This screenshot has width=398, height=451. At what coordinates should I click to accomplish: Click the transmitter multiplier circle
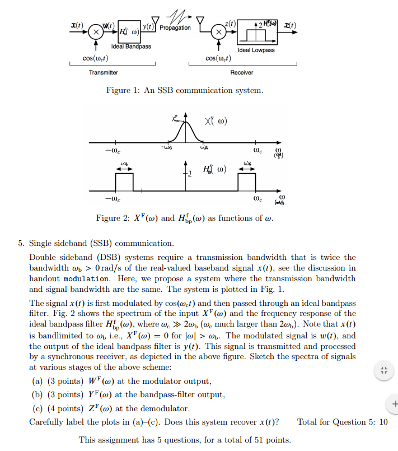(96, 32)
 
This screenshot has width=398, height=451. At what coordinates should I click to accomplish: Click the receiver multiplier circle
(220, 32)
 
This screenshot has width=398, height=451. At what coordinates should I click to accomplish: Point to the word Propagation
(175, 27)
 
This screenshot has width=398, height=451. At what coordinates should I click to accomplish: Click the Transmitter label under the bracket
(104, 72)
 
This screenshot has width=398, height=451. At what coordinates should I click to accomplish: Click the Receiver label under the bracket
(242, 72)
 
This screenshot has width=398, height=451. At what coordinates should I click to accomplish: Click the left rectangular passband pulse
(125, 182)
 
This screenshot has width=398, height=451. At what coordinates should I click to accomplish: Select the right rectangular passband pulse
(247, 182)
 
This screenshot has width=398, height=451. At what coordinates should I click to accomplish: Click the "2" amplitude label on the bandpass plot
(190, 174)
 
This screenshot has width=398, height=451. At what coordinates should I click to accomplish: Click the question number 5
(21, 243)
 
